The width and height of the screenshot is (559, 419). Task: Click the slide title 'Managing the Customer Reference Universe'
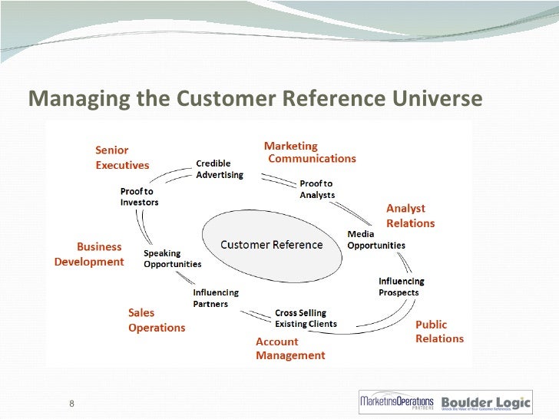coord(255,100)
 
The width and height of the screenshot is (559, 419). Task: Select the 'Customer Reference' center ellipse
coord(271,245)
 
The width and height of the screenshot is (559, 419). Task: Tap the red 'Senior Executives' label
coord(122,157)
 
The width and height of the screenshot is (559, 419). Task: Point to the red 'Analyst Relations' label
coord(410,216)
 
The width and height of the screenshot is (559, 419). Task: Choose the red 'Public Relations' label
coord(439,332)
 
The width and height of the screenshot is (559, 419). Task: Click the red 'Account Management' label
coord(290,348)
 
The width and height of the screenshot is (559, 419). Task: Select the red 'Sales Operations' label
coord(156,320)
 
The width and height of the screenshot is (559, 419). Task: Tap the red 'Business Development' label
coord(89,254)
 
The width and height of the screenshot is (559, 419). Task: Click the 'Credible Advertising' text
coord(220,169)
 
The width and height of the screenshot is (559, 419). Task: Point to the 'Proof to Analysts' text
coord(316,189)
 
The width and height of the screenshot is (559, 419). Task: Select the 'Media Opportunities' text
coord(376,239)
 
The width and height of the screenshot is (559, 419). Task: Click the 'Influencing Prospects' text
coord(401,286)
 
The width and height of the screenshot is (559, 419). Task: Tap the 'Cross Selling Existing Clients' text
coord(306,318)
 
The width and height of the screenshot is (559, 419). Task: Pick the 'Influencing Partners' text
coord(216,298)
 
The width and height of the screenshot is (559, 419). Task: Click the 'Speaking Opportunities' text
coord(173,259)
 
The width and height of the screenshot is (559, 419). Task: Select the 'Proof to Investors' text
coord(139,196)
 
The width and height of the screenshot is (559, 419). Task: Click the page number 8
coord(71,404)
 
